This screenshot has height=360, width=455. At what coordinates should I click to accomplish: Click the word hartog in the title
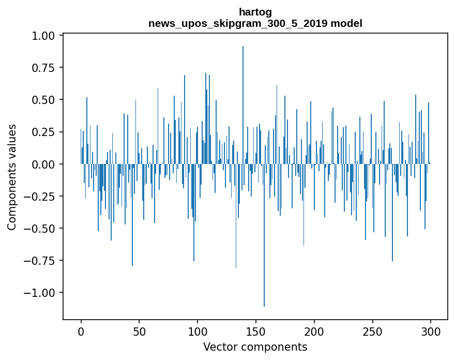pos(255,12)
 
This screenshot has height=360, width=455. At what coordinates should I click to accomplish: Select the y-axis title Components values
pos(12,177)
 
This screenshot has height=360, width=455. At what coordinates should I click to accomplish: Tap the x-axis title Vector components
pos(255,347)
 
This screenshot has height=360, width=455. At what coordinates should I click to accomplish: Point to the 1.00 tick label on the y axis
pos(43,36)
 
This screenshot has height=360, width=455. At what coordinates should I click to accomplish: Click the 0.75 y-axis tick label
pos(43,68)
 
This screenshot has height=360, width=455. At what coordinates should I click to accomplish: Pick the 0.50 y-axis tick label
pos(43,100)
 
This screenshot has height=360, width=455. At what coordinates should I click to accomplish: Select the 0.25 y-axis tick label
pos(43,132)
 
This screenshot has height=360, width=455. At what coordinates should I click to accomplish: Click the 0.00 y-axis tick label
pos(43,164)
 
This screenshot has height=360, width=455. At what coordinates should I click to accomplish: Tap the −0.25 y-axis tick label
pos(39,196)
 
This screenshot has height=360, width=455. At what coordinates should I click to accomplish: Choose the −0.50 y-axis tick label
pos(39,228)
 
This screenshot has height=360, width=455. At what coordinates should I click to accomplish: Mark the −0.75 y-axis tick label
pos(39,261)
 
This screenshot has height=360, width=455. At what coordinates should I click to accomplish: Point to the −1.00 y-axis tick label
pos(39,293)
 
